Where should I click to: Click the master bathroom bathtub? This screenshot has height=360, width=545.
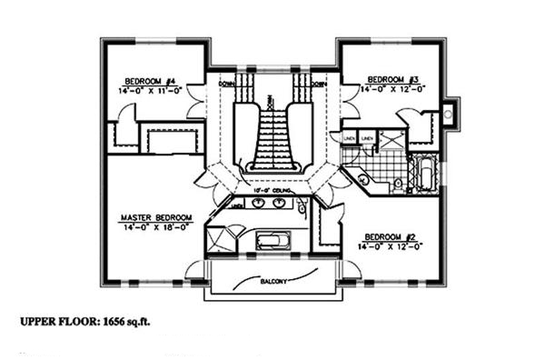click(x=272, y=241)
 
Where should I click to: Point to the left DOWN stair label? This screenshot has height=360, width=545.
click(x=226, y=84)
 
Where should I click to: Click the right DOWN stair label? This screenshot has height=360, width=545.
click(x=317, y=84)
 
